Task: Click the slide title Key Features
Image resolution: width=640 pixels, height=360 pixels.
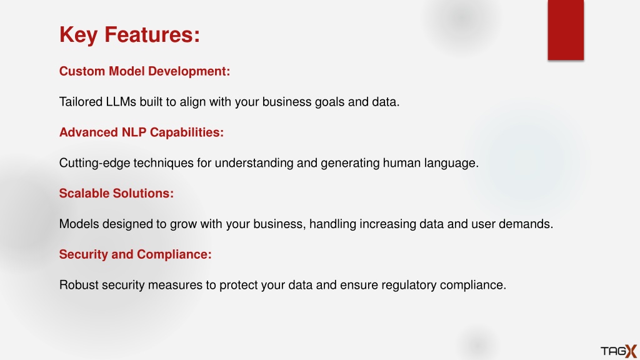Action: point(130,35)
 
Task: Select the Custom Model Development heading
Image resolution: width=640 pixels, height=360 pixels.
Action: point(144,71)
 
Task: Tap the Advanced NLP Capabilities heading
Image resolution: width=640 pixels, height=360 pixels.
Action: point(141,132)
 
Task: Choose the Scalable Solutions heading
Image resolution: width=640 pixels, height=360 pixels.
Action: point(116,194)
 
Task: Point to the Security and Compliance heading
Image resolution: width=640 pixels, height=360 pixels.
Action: point(136,255)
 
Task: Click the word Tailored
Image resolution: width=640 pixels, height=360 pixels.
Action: point(81,102)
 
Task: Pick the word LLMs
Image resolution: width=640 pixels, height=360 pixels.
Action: point(121,102)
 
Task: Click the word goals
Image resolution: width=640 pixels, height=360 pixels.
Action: point(329,102)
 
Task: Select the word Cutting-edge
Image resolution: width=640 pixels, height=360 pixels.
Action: point(95,163)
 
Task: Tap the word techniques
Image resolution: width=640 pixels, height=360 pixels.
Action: point(163,163)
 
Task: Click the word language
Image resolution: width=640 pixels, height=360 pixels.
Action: point(451,163)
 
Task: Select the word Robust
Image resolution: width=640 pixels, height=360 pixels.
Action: point(79,285)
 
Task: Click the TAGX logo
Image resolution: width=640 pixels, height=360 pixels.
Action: point(619,351)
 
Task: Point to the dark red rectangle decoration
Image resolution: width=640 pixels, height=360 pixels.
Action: point(566,30)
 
